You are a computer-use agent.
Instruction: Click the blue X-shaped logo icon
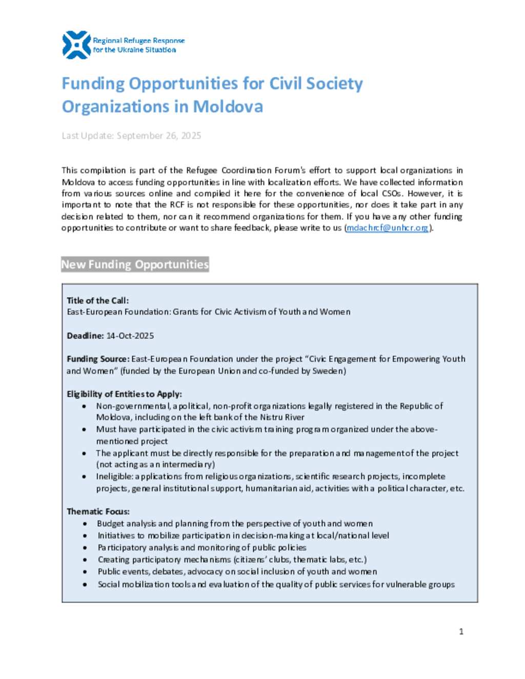point(76,45)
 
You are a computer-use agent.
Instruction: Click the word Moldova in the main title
point(228,107)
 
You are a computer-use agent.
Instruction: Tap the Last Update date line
point(131,136)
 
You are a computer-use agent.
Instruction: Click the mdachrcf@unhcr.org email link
point(387,228)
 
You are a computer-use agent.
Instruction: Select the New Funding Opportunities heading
point(135,264)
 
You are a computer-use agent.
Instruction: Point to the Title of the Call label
point(97,301)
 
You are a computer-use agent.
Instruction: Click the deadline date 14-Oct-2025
point(130,336)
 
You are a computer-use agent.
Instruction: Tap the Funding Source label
point(97,359)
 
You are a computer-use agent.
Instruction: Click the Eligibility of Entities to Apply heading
point(124,394)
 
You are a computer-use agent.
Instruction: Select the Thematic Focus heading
point(98,511)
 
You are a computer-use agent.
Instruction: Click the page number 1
point(461,631)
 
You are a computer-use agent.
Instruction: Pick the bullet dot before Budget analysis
point(85,524)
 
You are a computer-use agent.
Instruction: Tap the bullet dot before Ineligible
point(85,477)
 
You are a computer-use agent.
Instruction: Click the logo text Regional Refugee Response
point(138,40)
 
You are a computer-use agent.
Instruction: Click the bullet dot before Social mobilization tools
point(85,584)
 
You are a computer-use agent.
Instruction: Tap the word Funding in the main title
point(93,84)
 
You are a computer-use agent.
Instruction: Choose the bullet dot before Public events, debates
point(85,572)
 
